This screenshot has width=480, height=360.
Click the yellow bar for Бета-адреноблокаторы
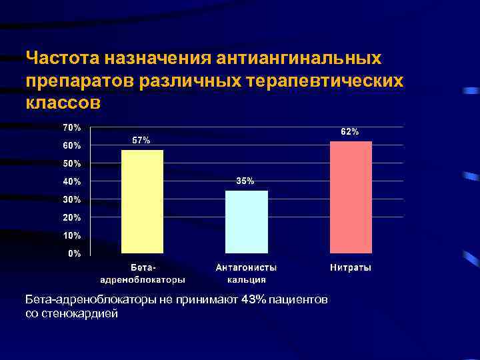point(142,201)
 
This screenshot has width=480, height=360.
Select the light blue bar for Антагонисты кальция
point(247,221)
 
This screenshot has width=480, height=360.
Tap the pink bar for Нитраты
point(351,197)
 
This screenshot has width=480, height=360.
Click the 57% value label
point(141,141)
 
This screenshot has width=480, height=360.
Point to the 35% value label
point(245,181)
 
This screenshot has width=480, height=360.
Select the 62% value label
point(350,132)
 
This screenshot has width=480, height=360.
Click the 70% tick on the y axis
point(72,127)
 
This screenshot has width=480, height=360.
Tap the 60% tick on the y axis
point(72,145)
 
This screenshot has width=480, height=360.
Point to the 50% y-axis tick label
point(72,163)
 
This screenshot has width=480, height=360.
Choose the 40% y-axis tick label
point(72,181)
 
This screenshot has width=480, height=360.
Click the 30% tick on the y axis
point(72,199)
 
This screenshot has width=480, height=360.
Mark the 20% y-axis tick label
point(72,217)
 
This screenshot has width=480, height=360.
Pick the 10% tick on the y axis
point(72,235)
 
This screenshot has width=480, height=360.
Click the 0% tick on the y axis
point(74,253)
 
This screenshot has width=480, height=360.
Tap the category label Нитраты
point(351,268)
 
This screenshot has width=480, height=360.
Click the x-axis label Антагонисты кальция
point(246,273)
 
